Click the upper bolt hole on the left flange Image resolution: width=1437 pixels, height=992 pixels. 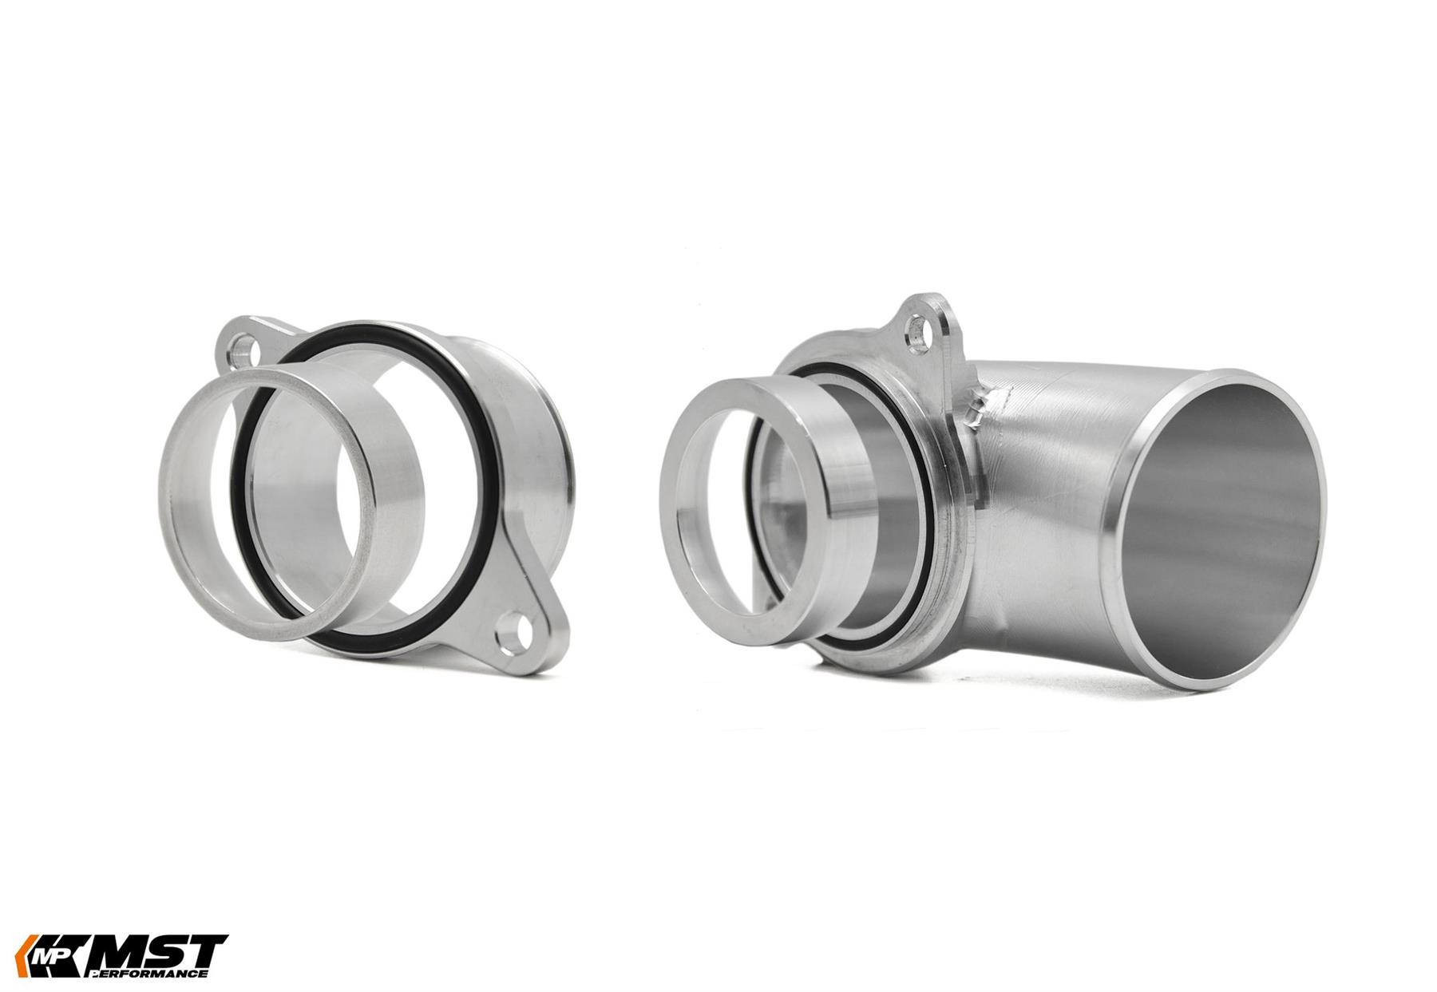tap(243, 349)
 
